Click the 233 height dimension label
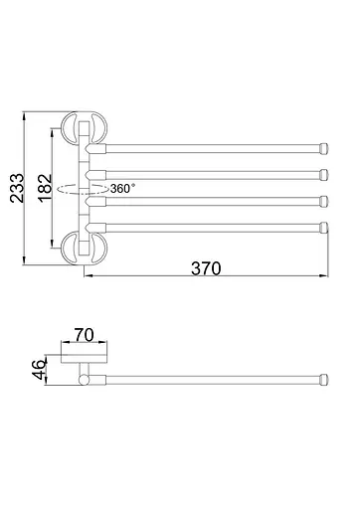pyautogui.click(x=17, y=188)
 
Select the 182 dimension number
pyautogui.click(x=45, y=188)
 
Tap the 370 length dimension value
pyautogui.click(x=206, y=268)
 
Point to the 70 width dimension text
pyautogui.click(x=85, y=335)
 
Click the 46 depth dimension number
pyautogui.click(x=39, y=369)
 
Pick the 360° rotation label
pyautogui.click(x=122, y=189)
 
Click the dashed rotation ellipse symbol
pyautogui.click(x=83, y=189)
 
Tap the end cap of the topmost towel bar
pyautogui.click(x=324, y=148)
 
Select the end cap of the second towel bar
pyautogui.click(x=324, y=175)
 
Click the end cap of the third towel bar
pyautogui.click(x=324, y=201)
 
